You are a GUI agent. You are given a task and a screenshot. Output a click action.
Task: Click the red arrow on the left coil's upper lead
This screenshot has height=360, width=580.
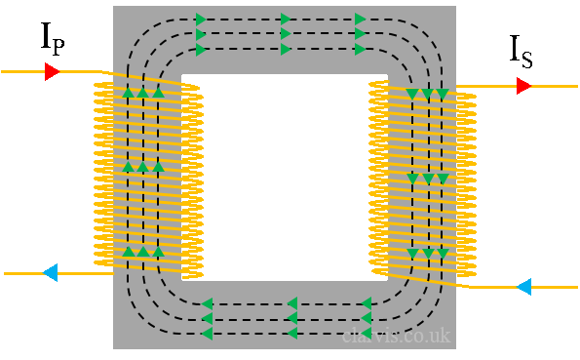(x=52, y=71)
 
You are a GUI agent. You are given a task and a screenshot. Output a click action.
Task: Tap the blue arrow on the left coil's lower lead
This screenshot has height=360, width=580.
(x=51, y=272)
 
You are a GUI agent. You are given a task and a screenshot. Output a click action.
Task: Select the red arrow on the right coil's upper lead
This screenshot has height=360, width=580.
(x=523, y=86)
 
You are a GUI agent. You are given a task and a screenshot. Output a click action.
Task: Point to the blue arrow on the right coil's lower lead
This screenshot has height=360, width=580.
(x=523, y=286)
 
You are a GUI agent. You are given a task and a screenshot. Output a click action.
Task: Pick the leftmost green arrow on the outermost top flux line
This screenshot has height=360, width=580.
(x=201, y=20)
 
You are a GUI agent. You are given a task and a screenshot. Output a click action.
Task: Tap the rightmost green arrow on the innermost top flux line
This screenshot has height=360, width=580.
(x=361, y=49)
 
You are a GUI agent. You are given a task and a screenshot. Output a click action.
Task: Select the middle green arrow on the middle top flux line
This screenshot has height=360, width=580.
(x=286, y=34)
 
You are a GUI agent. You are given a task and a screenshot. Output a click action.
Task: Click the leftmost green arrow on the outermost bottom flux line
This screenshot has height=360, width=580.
(x=207, y=334)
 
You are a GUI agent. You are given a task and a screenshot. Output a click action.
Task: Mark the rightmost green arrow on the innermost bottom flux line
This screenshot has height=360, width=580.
(x=367, y=303)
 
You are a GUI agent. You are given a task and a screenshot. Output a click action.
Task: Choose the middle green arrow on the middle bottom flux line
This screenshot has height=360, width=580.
(x=291, y=318)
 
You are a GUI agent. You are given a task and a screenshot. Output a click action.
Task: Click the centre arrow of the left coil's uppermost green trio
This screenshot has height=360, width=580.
(x=143, y=93)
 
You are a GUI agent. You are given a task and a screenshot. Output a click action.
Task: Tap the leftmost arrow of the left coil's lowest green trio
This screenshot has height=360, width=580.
(x=128, y=252)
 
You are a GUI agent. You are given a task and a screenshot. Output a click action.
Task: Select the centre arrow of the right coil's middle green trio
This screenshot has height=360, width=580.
(x=427, y=179)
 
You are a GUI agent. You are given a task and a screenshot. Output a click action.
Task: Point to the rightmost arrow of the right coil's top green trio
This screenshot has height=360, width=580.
(x=443, y=95)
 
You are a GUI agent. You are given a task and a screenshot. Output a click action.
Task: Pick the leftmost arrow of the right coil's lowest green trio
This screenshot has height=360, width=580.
(x=412, y=254)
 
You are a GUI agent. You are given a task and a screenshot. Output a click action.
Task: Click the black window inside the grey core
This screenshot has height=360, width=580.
(x=285, y=176)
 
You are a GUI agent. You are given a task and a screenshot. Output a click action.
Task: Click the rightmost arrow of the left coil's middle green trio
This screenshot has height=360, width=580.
(x=158, y=167)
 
